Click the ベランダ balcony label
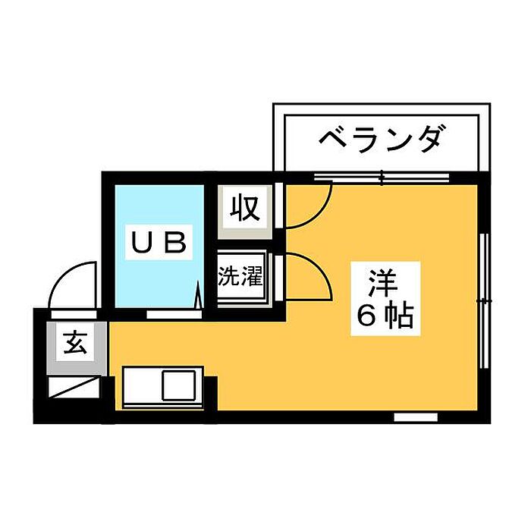point(379,141)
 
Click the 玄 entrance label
point(74,344)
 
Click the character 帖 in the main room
point(399,316)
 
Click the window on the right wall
point(482,301)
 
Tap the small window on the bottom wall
point(416,417)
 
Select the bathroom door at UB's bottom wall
point(173,311)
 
